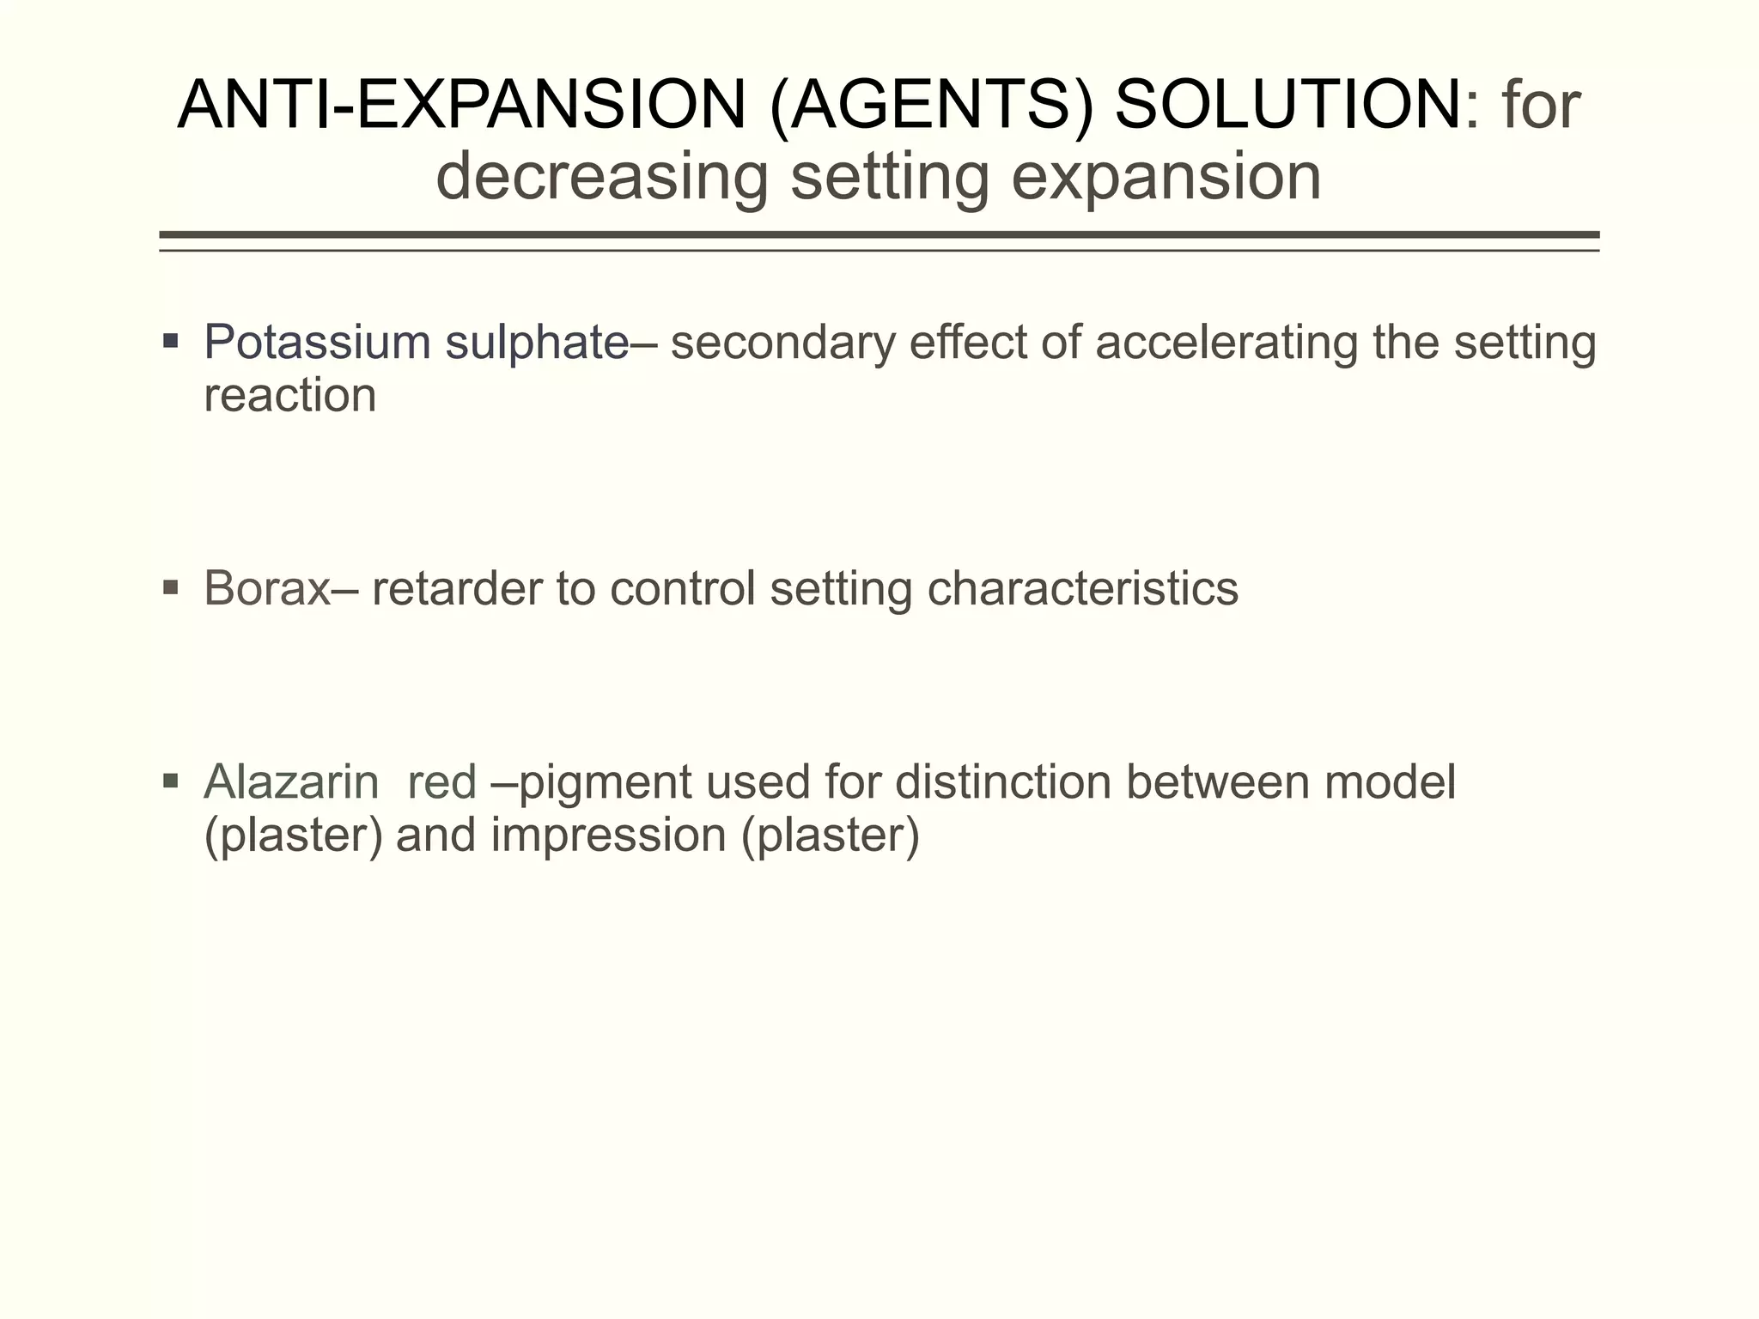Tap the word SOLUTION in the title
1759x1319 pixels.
(x=1288, y=105)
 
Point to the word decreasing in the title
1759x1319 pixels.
(x=601, y=177)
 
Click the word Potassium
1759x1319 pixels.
(x=317, y=342)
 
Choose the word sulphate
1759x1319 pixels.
(x=537, y=342)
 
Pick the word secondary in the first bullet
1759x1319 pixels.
(x=777, y=342)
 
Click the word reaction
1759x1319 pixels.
(x=290, y=395)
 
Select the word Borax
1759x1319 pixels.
(x=267, y=589)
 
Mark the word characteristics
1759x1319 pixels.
(x=1083, y=589)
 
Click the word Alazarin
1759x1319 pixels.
(x=291, y=782)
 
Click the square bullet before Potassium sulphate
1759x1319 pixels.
(x=170, y=342)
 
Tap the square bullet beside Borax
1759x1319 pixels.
(x=170, y=588)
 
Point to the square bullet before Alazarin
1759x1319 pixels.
(x=170, y=781)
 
